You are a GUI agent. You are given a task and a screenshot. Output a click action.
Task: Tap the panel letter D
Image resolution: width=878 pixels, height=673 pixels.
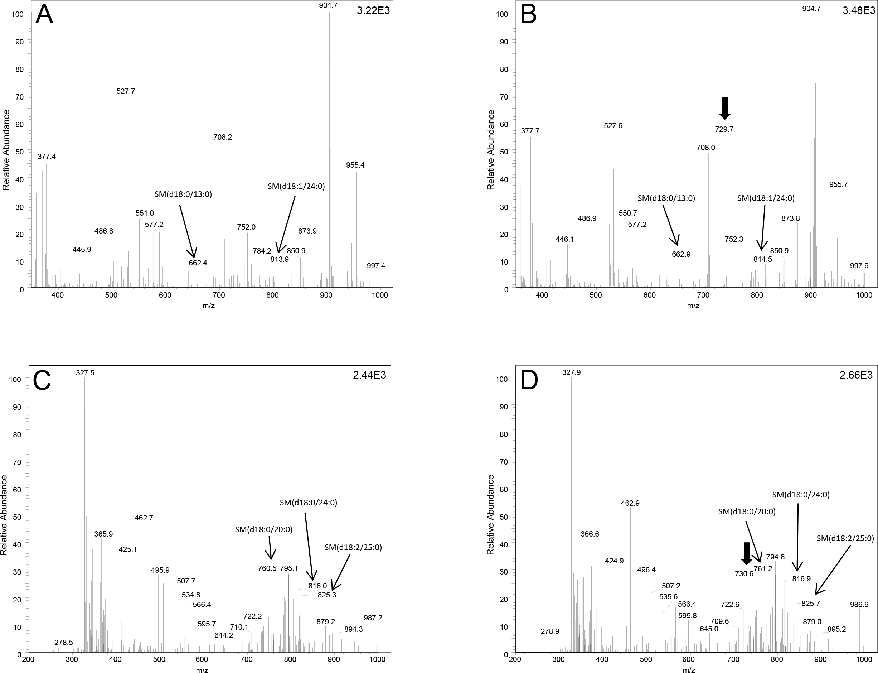pos(529,381)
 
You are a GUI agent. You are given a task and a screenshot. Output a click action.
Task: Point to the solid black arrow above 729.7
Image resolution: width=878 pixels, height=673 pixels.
pos(724,108)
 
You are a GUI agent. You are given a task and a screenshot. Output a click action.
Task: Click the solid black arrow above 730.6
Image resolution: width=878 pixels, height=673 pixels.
pos(746,554)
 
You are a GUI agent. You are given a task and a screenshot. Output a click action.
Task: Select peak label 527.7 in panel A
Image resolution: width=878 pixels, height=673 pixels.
pos(126,91)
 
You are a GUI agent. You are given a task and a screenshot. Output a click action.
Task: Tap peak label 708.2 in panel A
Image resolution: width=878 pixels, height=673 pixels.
pos(223,137)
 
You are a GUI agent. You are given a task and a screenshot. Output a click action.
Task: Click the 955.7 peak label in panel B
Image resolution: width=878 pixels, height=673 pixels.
pos(838,184)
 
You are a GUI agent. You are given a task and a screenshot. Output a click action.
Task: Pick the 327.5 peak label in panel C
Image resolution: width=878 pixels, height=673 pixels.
pos(85,372)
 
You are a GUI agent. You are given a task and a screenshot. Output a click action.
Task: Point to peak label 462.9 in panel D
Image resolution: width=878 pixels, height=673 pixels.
pos(630,503)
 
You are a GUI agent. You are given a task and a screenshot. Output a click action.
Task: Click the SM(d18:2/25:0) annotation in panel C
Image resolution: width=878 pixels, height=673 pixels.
pos(353,547)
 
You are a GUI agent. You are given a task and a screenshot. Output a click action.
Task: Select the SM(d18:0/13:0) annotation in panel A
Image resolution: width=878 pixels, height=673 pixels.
pos(183,194)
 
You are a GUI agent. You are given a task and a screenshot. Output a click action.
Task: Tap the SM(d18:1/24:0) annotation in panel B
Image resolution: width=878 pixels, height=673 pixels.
pos(766,197)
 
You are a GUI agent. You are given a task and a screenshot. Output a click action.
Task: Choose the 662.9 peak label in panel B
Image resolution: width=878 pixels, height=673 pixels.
pos(681,254)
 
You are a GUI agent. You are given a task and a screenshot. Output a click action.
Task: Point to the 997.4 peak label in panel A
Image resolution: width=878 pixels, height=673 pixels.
pos(376,266)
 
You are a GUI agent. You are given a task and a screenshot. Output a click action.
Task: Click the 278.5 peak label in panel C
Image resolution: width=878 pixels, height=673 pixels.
pos(64,642)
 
